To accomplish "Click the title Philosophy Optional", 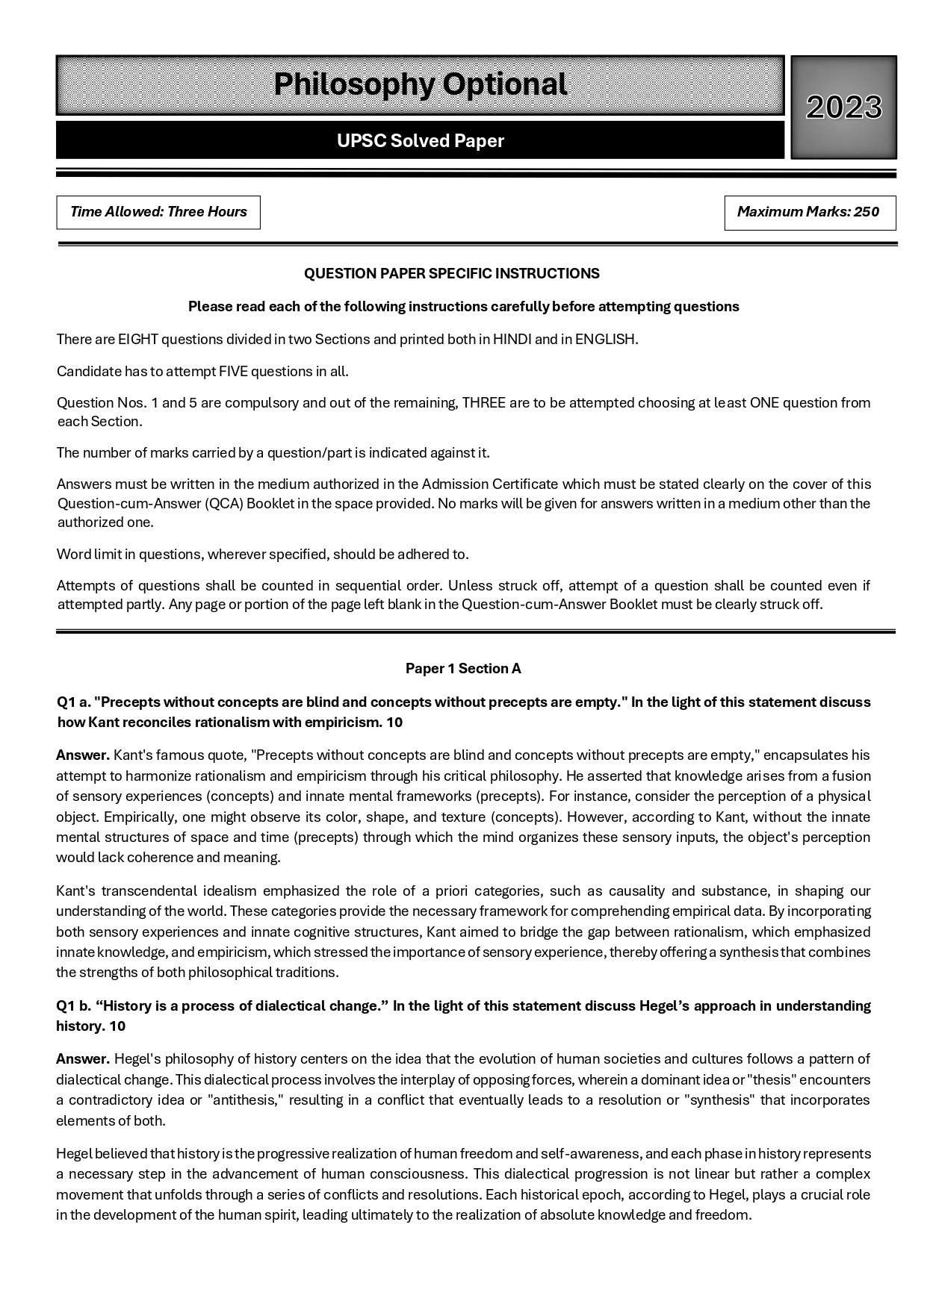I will [x=420, y=84].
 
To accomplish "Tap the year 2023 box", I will [x=843, y=107].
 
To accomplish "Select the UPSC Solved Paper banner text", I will [x=420, y=140].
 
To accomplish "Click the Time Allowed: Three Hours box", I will [x=158, y=212].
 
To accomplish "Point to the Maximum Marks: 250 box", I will [x=809, y=212].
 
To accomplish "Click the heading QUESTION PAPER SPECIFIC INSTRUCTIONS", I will [x=451, y=273].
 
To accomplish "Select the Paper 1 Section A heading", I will [x=463, y=668].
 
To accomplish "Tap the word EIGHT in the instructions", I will [x=137, y=339].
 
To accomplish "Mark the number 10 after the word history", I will [x=117, y=1026].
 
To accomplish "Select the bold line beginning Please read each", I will [x=463, y=306].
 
